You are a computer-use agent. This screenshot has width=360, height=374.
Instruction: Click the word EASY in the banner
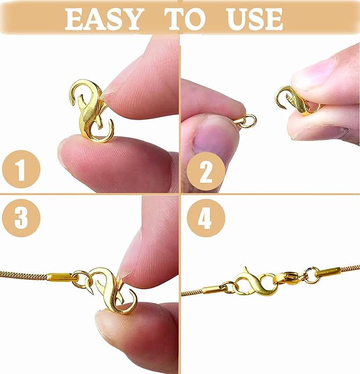pyautogui.click(x=104, y=20)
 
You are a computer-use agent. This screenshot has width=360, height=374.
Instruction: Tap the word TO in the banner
pyautogui.click(x=185, y=20)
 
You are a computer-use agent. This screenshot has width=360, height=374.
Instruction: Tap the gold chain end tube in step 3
pyautogui.click(x=59, y=277)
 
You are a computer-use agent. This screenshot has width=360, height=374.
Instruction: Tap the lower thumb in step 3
pyautogui.click(x=133, y=334)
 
